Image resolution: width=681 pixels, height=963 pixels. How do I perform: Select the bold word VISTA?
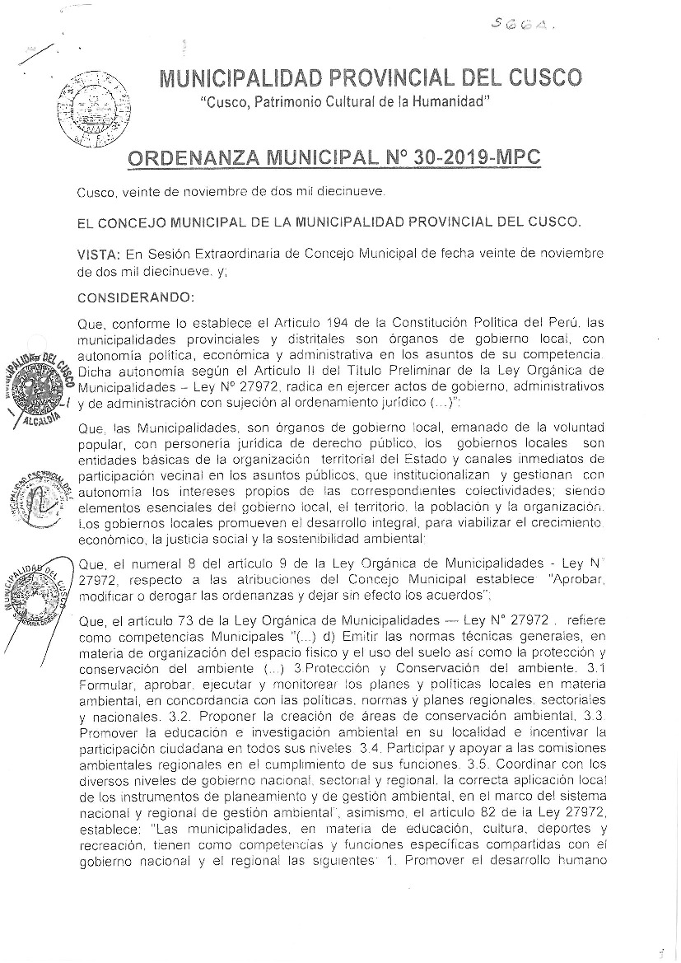(x=98, y=253)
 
